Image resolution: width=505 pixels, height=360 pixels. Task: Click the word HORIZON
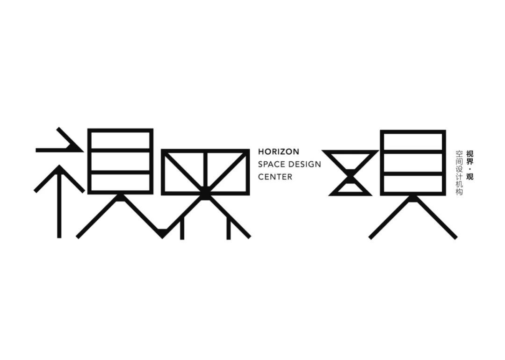coord(278,152)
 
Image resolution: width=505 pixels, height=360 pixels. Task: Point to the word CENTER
coord(275,177)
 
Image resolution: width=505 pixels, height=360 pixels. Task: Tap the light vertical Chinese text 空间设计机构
coord(459,173)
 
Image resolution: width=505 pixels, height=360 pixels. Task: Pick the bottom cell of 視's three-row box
coord(121,182)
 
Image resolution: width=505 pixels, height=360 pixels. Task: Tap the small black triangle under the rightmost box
coord(413,199)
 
